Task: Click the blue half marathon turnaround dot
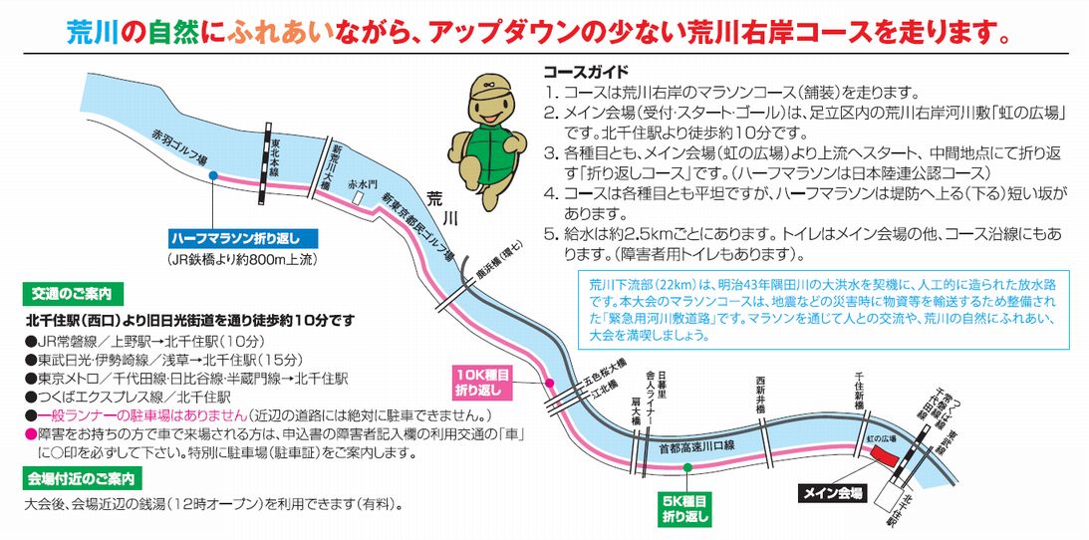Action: click(x=213, y=175)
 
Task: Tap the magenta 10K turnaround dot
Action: click(x=548, y=383)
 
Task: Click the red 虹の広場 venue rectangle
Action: click(x=884, y=456)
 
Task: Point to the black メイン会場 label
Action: click(x=834, y=493)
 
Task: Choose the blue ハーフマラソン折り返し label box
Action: click(x=243, y=239)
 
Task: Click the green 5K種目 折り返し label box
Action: click(x=685, y=509)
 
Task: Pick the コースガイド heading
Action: click(x=585, y=73)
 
